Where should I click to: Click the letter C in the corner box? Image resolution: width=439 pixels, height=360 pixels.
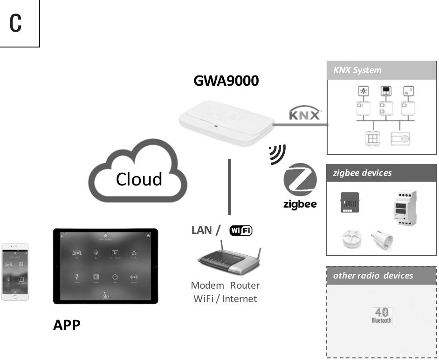pos(16,23)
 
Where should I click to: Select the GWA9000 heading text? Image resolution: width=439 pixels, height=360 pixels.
pos(226,81)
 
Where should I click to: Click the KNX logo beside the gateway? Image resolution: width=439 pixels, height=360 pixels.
pos(304,114)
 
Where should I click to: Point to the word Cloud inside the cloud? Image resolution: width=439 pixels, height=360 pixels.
pos(139,178)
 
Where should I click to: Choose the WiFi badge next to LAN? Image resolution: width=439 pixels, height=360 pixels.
pos(240,230)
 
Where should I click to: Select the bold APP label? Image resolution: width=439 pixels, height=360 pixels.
pos(67,325)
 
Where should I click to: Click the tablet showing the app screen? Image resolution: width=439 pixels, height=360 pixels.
pos(105,266)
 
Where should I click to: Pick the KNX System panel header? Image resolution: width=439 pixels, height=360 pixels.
pos(382,71)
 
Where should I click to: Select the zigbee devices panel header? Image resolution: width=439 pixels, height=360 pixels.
pos(382,173)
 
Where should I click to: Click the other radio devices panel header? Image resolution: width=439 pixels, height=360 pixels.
pos(382,275)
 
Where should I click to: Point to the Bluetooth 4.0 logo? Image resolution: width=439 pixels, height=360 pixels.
pos(382,315)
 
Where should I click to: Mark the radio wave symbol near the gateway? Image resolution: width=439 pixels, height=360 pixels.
pos(277,154)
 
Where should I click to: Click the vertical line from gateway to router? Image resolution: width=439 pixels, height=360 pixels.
pos(229,186)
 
